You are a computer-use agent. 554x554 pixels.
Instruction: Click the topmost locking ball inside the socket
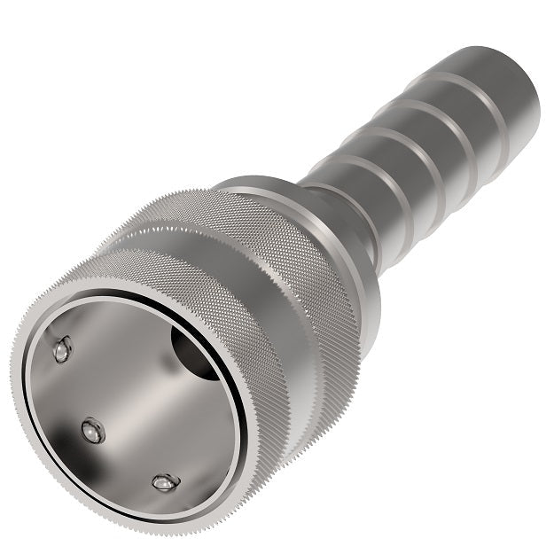pyautogui.click(x=61, y=349)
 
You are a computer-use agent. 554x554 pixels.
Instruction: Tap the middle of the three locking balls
pyautogui.click(x=92, y=431)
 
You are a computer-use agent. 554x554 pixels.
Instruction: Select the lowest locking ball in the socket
pyautogui.click(x=164, y=482)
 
